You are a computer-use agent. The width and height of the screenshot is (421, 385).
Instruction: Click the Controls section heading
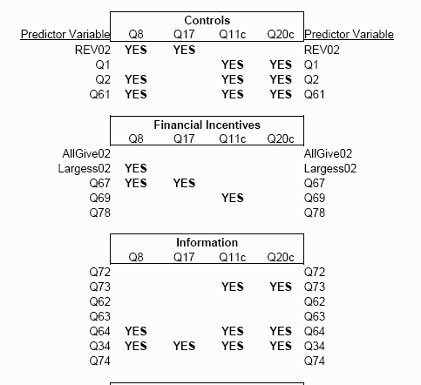pos(207,20)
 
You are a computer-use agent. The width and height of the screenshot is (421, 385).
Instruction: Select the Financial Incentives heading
pos(207,125)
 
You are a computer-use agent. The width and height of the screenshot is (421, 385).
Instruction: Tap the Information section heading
pos(207,242)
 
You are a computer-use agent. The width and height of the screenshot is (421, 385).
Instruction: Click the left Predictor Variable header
pos(65,34)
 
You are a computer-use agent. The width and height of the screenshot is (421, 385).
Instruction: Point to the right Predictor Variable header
pos(349,34)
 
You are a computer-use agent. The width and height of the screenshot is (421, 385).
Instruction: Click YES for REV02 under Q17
pos(184,50)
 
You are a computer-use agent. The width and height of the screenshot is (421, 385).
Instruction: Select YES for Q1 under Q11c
pos(233,64)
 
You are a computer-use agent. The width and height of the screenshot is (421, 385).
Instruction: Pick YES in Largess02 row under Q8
pos(136,168)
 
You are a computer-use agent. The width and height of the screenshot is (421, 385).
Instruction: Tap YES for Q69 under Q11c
pos(233,198)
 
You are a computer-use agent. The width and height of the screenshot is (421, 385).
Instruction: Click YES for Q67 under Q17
pos(184,183)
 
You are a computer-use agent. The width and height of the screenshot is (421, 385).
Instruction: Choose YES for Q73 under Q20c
pos(281,287)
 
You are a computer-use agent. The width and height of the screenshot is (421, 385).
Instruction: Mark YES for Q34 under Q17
pos(184,346)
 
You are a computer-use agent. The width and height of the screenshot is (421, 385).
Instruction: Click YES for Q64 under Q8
pos(136,331)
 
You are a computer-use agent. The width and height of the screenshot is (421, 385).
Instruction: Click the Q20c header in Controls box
pos(281,34)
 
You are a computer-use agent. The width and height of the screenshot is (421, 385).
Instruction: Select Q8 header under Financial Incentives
pos(136,138)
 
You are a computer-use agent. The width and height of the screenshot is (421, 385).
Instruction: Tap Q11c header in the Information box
pos(233,257)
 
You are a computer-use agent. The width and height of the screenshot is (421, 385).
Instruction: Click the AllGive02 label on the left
pos(86,153)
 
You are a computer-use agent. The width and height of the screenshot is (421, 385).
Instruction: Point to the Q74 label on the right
pos(315,361)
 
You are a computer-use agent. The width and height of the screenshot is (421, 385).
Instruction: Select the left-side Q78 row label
pos(100,213)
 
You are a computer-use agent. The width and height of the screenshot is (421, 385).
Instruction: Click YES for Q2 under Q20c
pos(281,79)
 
